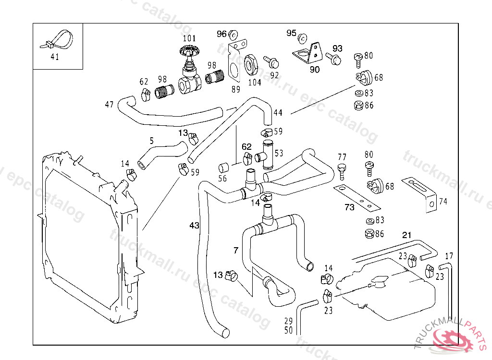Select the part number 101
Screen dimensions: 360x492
pyautogui.click(x=189, y=38)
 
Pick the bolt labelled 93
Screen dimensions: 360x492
pyautogui.click(x=334, y=59)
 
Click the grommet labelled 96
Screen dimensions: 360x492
pyautogui.click(x=234, y=35)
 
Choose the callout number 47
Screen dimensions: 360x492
pyautogui.click(x=110, y=104)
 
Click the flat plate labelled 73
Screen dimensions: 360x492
pyautogui.click(x=357, y=197)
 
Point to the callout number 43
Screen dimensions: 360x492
pyautogui.click(x=194, y=225)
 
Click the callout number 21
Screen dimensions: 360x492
pyautogui.click(x=407, y=235)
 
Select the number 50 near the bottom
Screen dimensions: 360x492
pyautogui.click(x=289, y=330)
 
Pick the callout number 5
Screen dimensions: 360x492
pyautogui.click(x=152, y=141)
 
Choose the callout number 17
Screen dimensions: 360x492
pyautogui.click(x=449, y=256)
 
